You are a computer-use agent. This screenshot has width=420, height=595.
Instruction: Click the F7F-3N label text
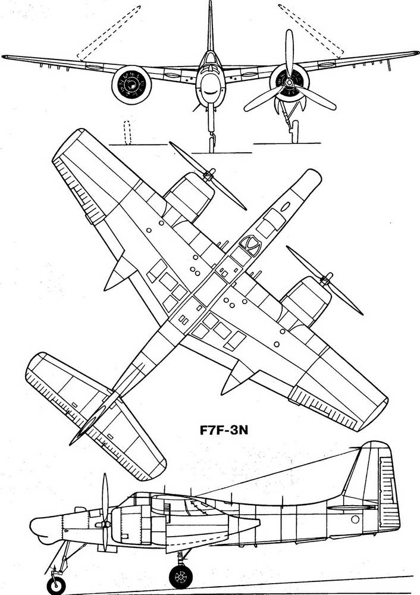point(224,430)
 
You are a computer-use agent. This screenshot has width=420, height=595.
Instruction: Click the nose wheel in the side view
point(56,585)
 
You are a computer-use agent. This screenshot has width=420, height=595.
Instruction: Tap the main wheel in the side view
point(181,577)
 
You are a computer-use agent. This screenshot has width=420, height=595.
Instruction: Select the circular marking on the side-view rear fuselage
point(355,519)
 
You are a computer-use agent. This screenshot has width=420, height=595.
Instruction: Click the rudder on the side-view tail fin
point(389,490)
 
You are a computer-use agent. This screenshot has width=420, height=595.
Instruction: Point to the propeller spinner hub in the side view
point(103,524)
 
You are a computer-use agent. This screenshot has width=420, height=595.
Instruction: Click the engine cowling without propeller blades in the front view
point(131,85)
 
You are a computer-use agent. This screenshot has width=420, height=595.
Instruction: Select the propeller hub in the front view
point(289,82)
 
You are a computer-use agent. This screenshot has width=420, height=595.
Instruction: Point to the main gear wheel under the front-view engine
point(295,131)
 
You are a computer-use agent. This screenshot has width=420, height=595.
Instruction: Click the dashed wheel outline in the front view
point(127,133)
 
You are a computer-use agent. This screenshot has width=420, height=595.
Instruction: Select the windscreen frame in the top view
point(250,244)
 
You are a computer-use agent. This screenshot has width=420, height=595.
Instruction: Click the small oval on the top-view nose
point(285,206)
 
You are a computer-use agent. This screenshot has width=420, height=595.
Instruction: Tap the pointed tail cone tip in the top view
point(71,443)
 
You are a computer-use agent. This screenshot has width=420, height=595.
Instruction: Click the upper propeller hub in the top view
point(209,175)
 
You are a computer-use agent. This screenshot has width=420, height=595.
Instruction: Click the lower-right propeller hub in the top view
point(325,280)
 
